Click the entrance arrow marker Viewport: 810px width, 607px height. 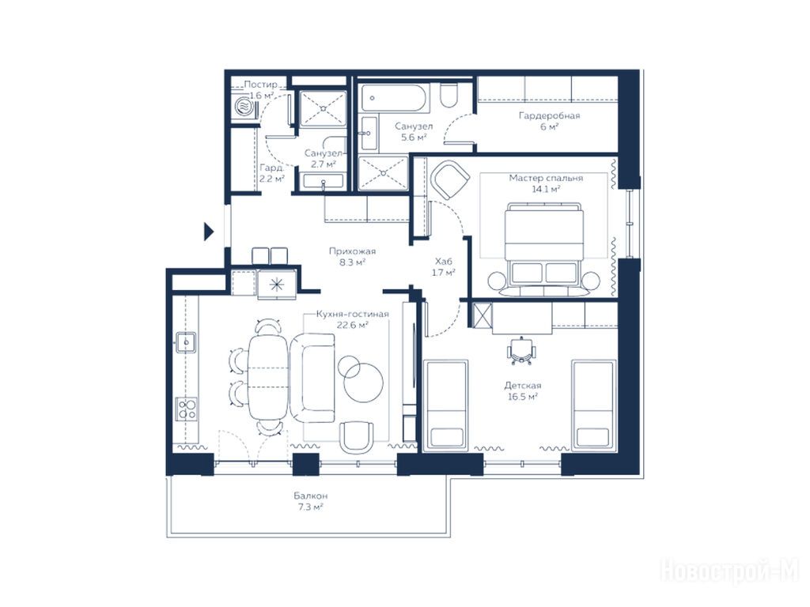pos(208,232)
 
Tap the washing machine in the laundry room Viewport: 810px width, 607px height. pos(244,107)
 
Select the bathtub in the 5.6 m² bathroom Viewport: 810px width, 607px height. pos(395,98)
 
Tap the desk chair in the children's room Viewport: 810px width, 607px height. pos(522,351)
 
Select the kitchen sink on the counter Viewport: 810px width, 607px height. pos(186,341)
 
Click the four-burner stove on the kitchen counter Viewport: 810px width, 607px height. pos(187,409)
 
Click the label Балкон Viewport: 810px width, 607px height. pos(311,496)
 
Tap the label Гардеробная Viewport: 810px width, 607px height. pos(549,115)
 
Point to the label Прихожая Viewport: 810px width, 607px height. pos(352,251)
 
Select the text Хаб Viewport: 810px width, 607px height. pos(443,261)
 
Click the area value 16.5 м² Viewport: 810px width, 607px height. pos(522,397)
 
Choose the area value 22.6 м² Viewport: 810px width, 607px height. pos(352,325)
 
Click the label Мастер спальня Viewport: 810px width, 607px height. pos(546,178)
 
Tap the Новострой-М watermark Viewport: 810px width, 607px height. pos(729,571)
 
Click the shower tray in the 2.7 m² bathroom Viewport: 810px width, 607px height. pos(323,108)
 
